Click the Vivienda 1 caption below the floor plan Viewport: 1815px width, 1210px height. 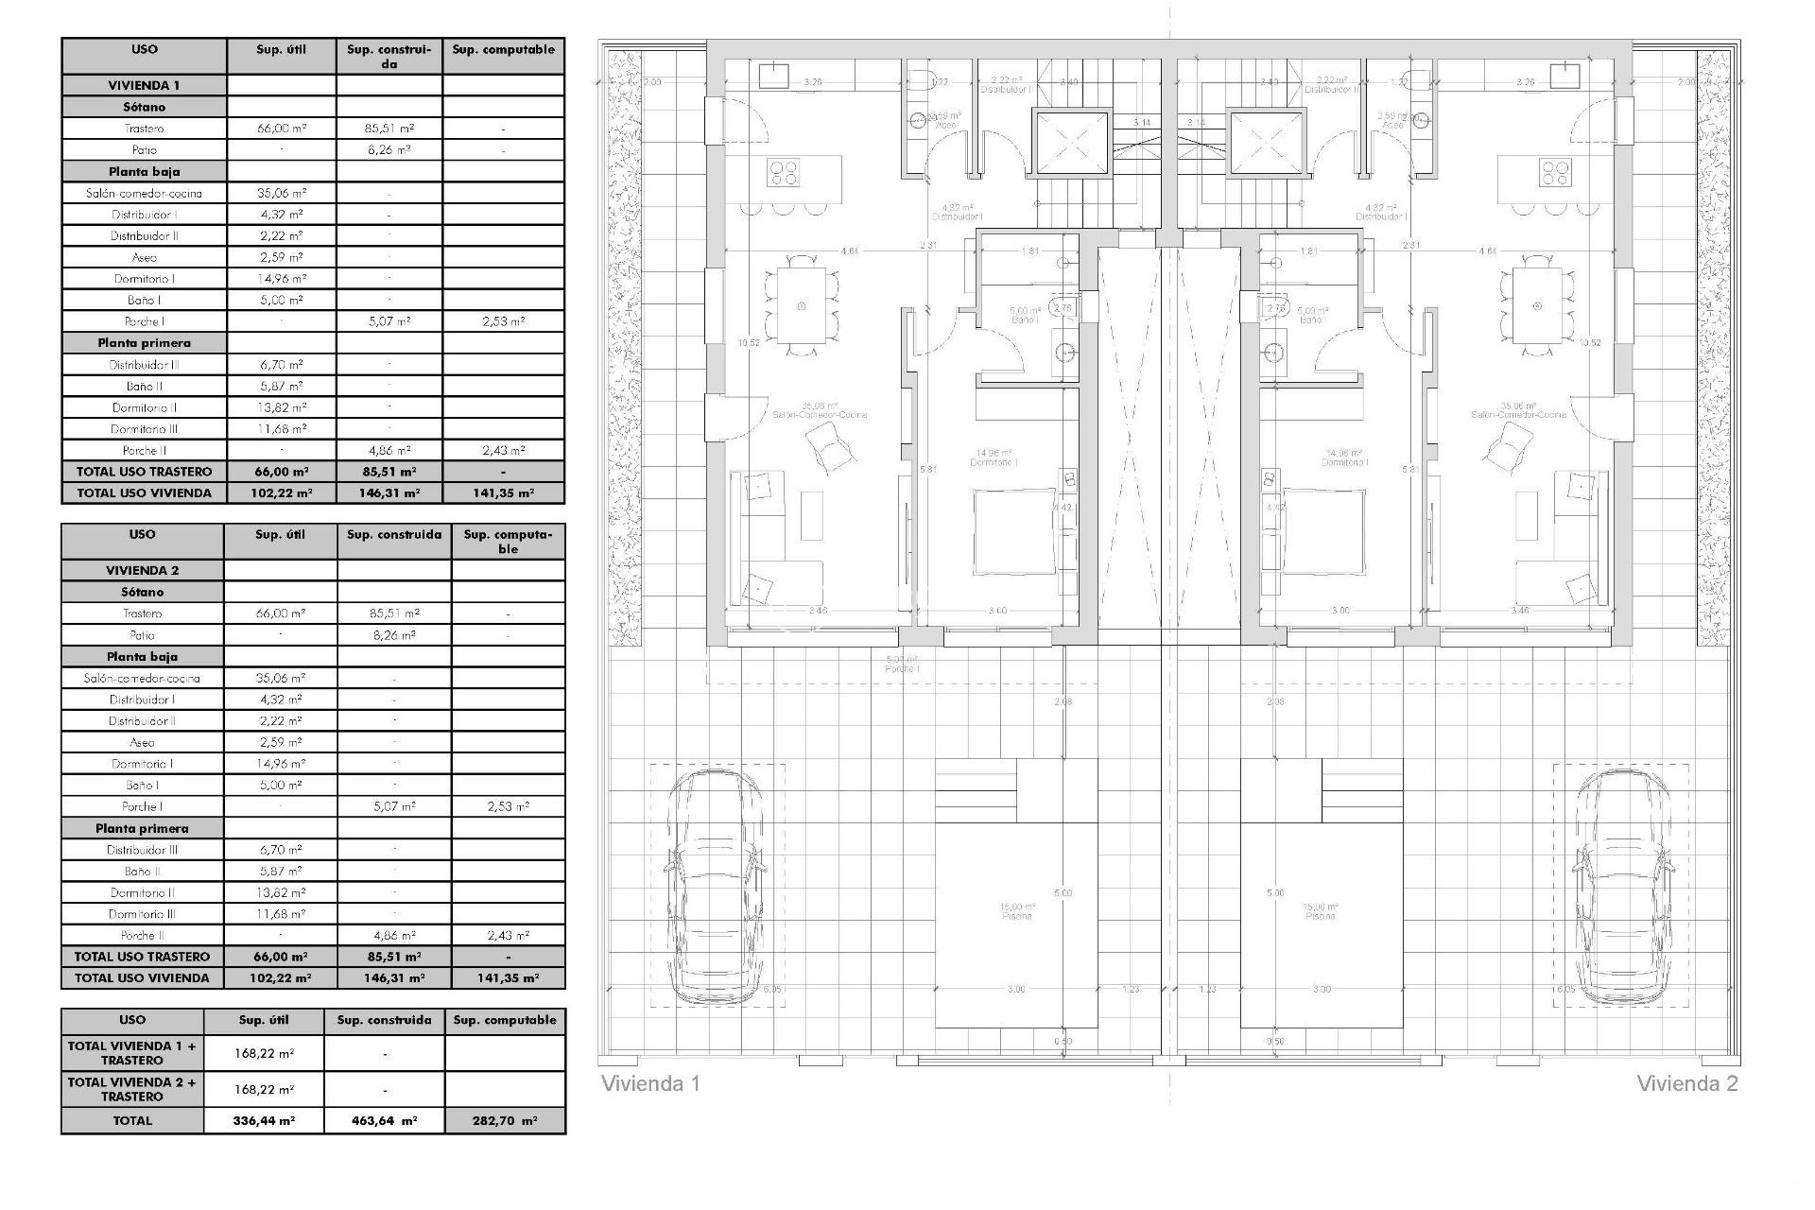[x=650, y=1083]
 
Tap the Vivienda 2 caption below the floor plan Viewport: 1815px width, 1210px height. [x=1686, y=1083]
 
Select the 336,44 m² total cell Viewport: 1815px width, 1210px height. [x=264, y=1120]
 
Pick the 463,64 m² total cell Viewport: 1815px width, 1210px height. [x=384, y=1120]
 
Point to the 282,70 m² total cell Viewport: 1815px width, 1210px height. [x=505, y=1120]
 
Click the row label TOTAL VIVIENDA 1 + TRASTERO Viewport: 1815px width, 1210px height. [x=132, y=1053]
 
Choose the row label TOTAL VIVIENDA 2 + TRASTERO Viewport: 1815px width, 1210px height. [x=132, y=1089]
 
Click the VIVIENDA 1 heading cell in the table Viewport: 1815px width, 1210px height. [x=144, y=85]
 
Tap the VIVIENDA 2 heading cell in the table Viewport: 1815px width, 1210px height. [x=142, y=570]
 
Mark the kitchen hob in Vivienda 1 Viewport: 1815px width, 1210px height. [x=784, y=172]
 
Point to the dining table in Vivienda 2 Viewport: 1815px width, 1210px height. [x=1537, y=306]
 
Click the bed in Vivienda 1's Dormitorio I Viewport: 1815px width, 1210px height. [x=1014, y=531]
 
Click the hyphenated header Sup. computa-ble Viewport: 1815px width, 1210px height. [x=508, y=541]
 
